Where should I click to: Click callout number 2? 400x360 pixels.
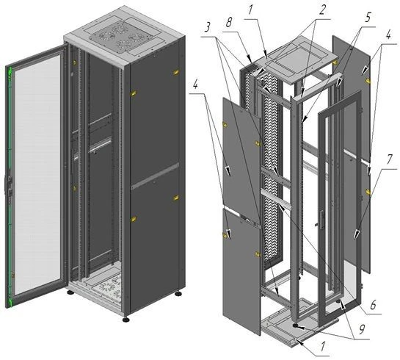[322, 10]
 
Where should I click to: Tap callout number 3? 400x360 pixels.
[208, 27]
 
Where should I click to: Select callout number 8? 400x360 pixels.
[229, 22]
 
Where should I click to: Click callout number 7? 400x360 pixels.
[389, 160]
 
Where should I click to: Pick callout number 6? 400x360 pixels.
[373, 305]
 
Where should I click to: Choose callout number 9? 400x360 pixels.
[362, 329]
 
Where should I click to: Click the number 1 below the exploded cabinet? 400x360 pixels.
[323, 347]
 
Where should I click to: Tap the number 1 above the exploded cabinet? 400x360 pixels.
[250, 10]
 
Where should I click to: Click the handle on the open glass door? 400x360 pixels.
[10, 184]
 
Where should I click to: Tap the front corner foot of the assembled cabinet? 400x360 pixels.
[126, 320]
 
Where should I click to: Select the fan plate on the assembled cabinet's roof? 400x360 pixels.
[121, 37]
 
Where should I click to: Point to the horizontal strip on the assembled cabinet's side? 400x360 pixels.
[155, 176]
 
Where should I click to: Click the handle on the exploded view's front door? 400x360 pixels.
[322, 219]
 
